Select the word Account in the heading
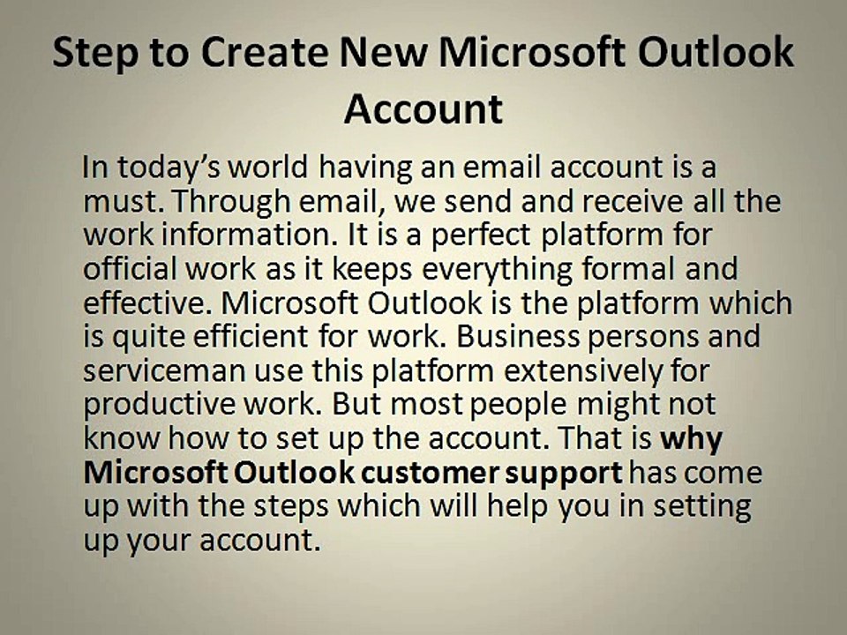tap(423, 108)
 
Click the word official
tap(124, 270)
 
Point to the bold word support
tap(564, 474)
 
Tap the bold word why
tap(692, 439)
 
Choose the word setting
tap(702, 507)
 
